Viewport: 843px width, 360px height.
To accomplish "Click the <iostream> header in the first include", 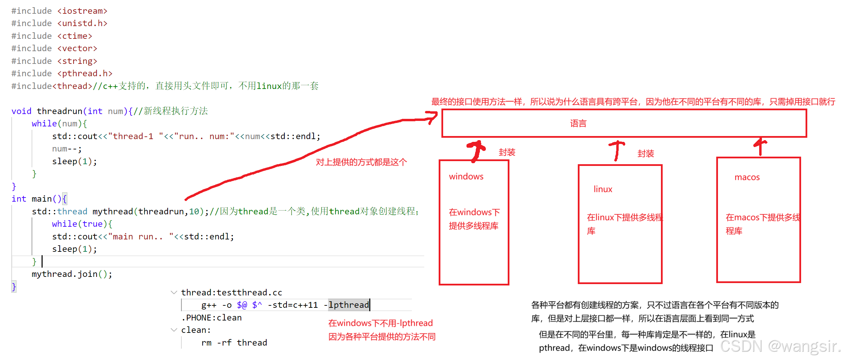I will [x=82, y=11].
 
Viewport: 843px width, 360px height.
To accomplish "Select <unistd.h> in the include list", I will [x=82, y=23].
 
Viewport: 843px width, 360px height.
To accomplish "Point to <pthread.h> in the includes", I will [x=85, y=74].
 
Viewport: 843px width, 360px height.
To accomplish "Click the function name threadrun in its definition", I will [x=59, y=111].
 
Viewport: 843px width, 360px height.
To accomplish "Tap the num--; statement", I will [x=67, y=149].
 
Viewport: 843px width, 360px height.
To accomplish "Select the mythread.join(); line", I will [x=72, y=274].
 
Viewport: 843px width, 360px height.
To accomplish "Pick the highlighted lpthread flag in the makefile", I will [x=349, y=305].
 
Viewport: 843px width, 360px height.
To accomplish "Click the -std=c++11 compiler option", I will [x=293, y=305].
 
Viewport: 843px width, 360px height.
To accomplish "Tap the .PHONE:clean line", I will [x=211, y=318].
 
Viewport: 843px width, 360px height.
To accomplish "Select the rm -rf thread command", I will [x=234, y=343].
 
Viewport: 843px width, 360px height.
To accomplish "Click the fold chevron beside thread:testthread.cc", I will [x=174, y=293].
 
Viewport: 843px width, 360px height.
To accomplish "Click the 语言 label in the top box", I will [x=578, y=124].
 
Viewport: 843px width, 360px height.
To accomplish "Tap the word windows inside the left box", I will [x=466, y=177].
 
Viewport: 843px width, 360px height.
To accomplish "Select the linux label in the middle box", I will [x=603, y=189].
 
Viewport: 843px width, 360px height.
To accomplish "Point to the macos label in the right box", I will [x=747, y=177].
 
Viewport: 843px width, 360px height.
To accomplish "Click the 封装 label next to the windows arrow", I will [x=507, y=153].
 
